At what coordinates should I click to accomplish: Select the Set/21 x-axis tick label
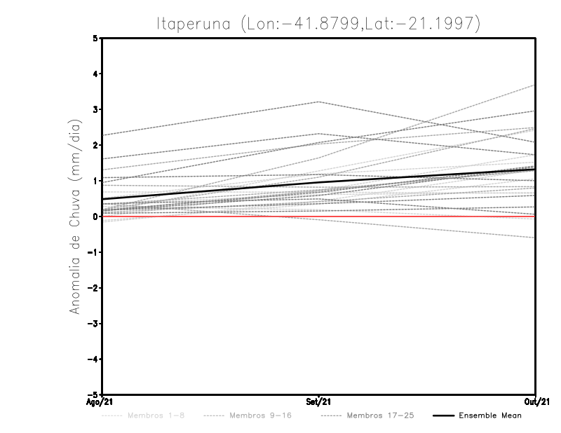[319, 402]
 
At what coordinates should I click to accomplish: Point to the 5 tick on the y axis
[95, 38]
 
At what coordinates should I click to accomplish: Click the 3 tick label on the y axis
[95, 109]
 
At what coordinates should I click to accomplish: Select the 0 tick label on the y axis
[95, 216]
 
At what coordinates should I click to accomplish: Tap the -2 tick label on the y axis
[93, 288]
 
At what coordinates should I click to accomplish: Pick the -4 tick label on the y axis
[93, 359]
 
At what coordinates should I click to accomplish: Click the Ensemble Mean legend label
[490, 415]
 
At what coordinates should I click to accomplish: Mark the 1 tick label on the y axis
[95, 181]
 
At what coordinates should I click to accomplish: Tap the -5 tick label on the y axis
[93, 394]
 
